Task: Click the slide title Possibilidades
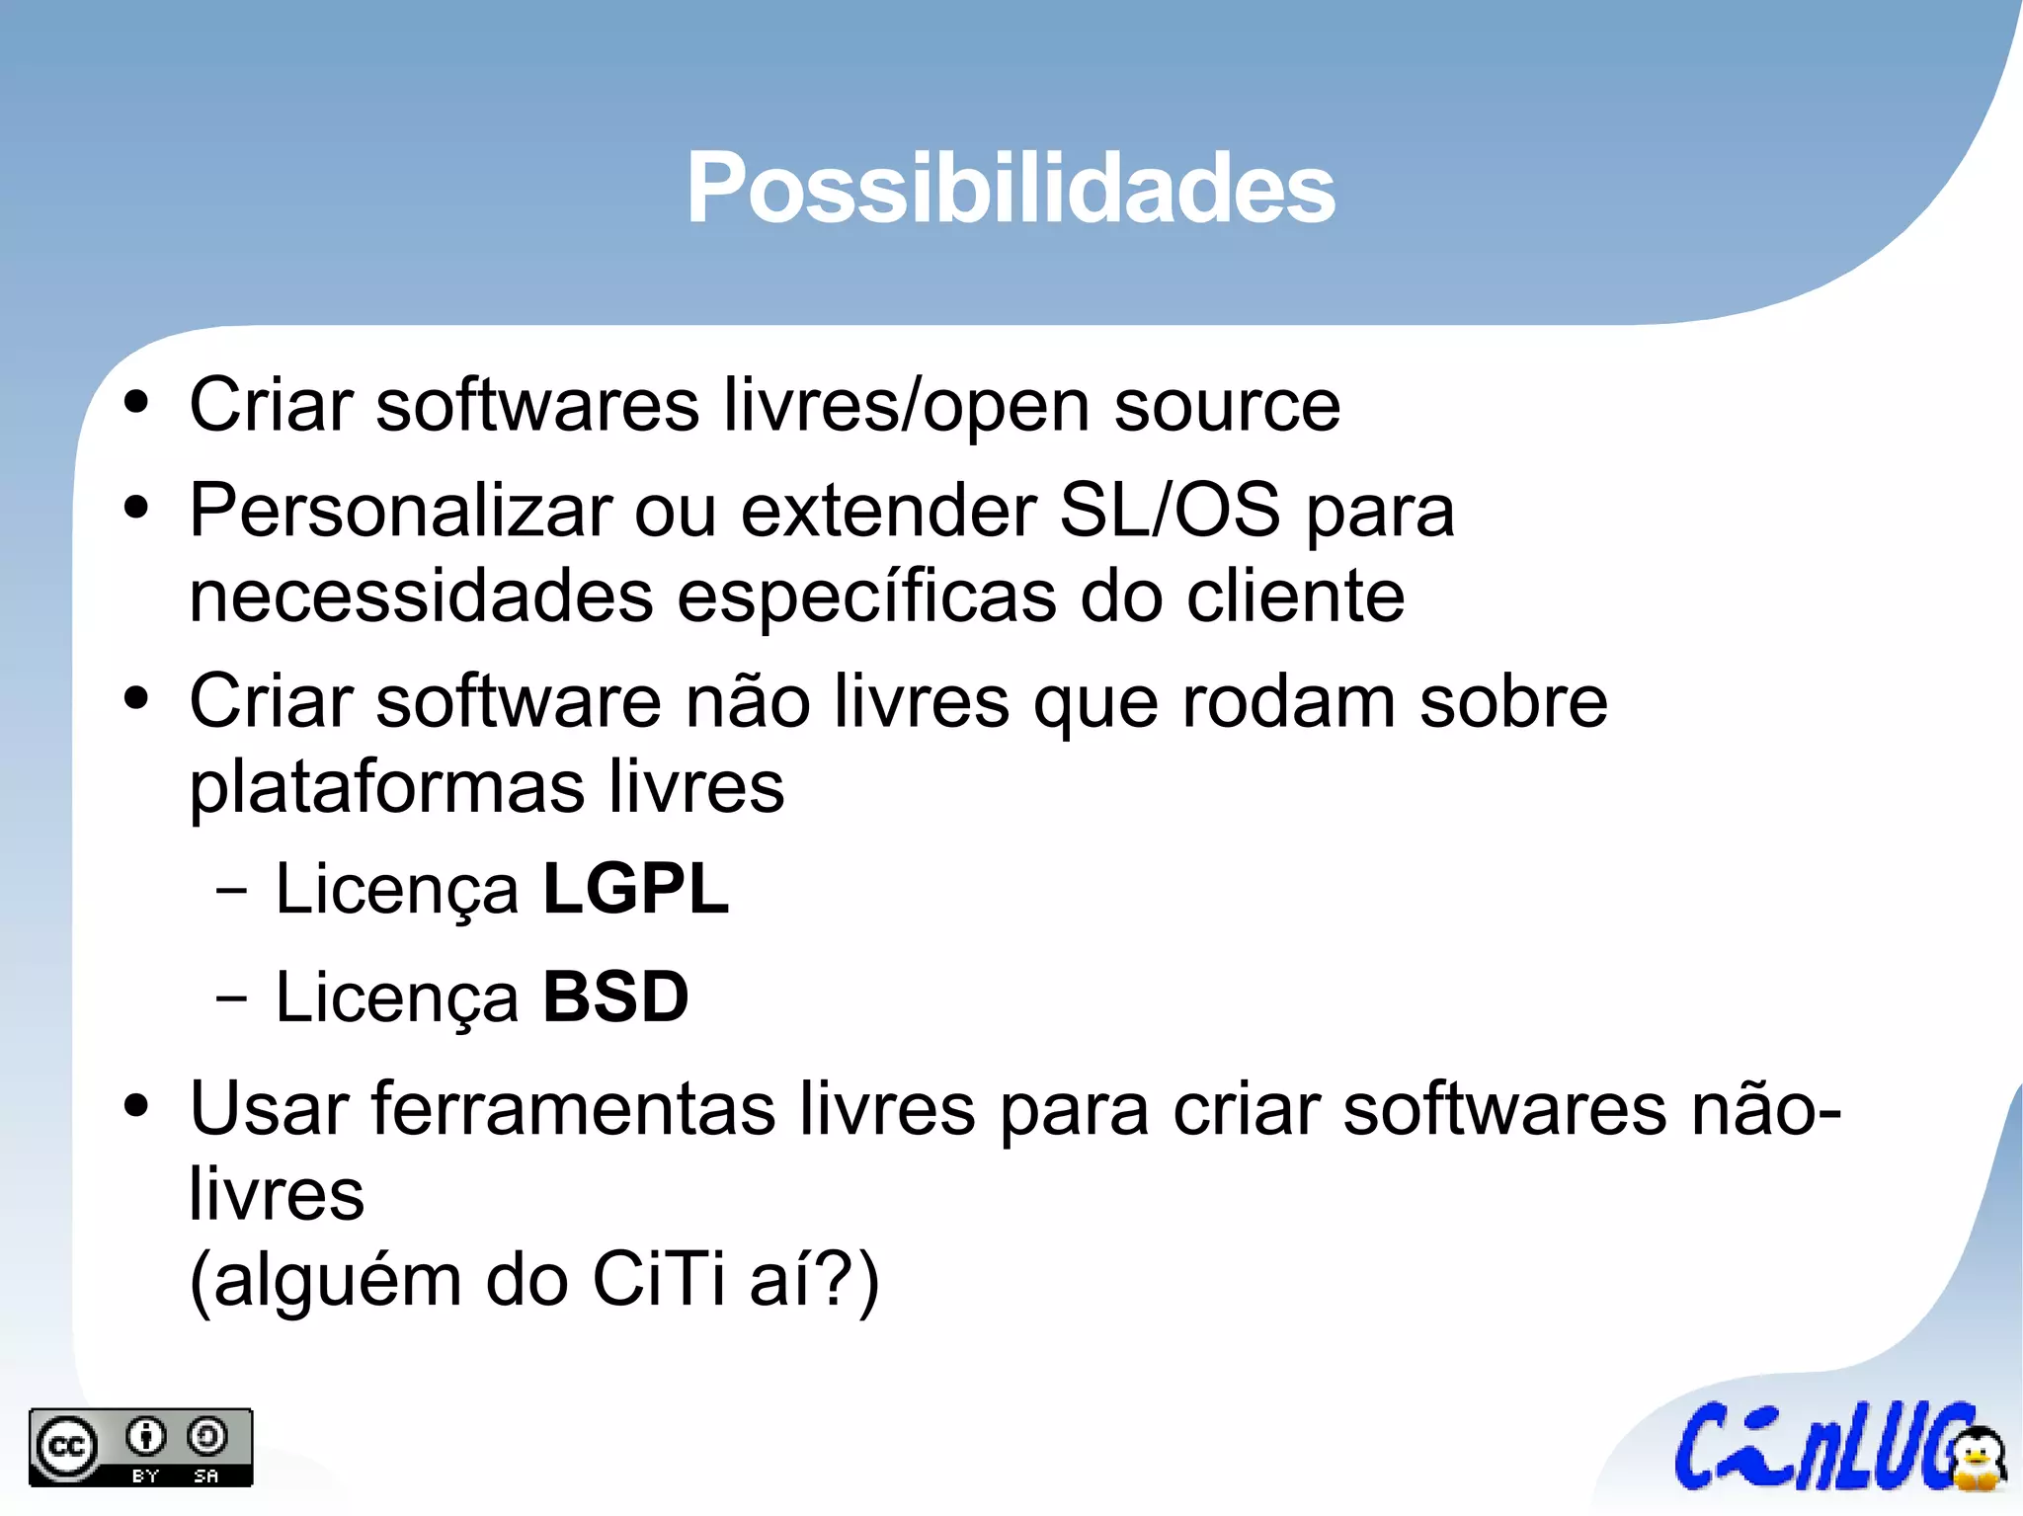coord(1011,188)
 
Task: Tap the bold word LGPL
coord(635,889)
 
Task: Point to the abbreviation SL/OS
coord(1169,511)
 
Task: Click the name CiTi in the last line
coord(658,1280)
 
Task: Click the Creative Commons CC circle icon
coord(66,1447)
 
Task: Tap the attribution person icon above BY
coord(147,1437)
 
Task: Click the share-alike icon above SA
coord(206,1437)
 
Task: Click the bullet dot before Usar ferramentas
coord(136,1106)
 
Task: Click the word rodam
coord(1288,702)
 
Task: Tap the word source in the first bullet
coord(1227,405)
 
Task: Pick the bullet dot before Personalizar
coord(136,508)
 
